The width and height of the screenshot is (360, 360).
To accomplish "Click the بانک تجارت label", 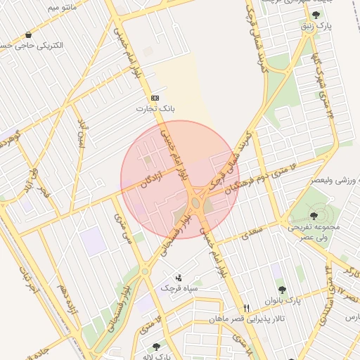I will coord(155,109).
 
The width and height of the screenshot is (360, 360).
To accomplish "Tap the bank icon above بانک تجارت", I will coord(155,98).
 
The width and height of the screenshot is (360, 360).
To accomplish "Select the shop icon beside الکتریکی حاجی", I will coord(28,34).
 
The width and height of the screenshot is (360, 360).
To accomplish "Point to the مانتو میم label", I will coord(43,8).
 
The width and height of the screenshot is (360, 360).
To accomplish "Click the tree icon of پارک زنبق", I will coord(315,14).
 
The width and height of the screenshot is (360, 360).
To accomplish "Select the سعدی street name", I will coord(252,229).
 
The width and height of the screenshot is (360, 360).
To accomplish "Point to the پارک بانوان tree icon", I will coord(282,289).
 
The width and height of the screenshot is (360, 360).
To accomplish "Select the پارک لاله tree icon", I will coord(155,346).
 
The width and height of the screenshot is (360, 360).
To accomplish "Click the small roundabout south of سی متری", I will coord(145,270).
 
